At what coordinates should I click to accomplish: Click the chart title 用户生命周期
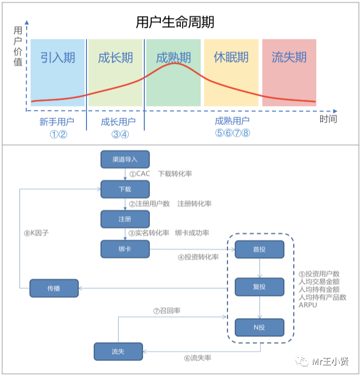click(x=175, y=22)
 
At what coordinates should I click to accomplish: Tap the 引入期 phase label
click(x=58, y=57)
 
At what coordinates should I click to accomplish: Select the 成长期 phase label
click(x=116, y=57)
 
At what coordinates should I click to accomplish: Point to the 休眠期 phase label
click(x=231, y=57)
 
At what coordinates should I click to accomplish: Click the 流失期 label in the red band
click(x=289, y=57)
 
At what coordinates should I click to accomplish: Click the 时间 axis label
click(x=328, y=119)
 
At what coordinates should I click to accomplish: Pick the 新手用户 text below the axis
click(x=57, y=122)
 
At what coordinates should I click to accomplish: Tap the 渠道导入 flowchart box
click(x=125, y=159)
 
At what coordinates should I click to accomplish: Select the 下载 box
click(x=125, y=189)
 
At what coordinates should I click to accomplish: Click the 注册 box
click(x=125, y=219)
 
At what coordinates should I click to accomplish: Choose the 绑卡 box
click(x=125, y=249)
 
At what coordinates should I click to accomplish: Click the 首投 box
click(x=259, y=250)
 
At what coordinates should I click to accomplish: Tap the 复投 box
click(x=259, y=287)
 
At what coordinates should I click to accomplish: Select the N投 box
click(x=259, y=327)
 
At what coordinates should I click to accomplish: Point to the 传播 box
click(x=54, y=288)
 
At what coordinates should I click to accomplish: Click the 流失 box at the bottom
click(x=118, y=351)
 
